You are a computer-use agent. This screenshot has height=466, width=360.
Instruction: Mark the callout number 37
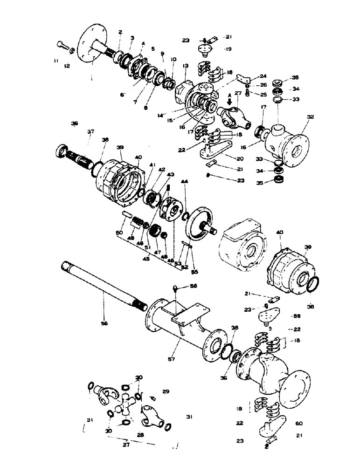coord(91,132)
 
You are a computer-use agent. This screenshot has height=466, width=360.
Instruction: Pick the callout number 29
coord(165,391)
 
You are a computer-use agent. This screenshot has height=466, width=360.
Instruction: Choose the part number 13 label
coord(185,65)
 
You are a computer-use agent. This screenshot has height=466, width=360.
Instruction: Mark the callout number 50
coord(119,232)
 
